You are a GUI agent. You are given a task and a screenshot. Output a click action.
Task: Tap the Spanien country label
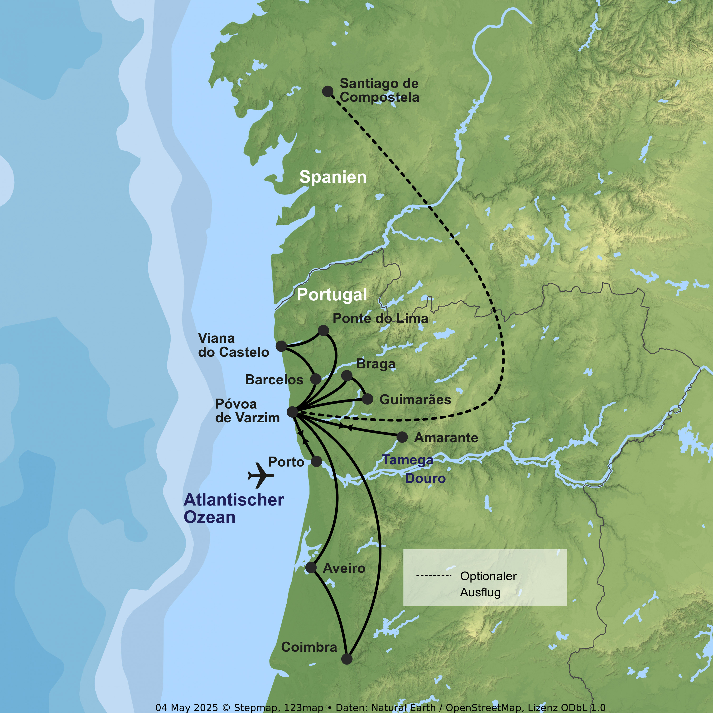click(333, 177)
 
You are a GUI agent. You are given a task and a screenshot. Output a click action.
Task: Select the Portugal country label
click(332, 294)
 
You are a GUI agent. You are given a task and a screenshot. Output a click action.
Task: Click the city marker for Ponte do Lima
click(323, 330)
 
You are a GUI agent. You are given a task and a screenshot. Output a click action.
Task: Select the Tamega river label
click(407, 460)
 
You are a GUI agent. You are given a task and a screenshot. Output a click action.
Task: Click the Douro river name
click(425, 479)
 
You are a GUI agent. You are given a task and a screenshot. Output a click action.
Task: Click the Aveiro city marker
click(311, 568)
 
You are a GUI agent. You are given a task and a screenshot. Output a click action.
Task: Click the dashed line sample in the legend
click(434, 576)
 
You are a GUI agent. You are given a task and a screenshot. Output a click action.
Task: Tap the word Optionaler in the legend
click(488, 576)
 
